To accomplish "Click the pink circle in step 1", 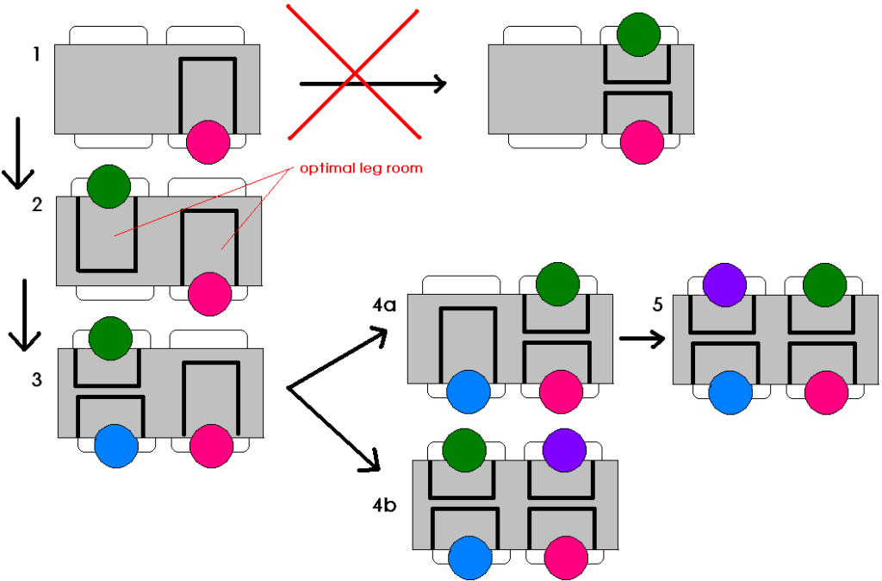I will [208, 141].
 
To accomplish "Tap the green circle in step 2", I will [109, 187].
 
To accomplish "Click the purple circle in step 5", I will [724, 285].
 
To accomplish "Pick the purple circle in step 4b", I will [564, 450].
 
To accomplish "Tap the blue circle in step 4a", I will [469, 393].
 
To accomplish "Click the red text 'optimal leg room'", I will [361, 168].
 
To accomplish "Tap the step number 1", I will [36, 54].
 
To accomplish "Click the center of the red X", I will [354, 72].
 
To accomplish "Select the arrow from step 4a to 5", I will [642, 338].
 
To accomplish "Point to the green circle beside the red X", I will [639, 34].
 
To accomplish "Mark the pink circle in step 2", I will [210, 292].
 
